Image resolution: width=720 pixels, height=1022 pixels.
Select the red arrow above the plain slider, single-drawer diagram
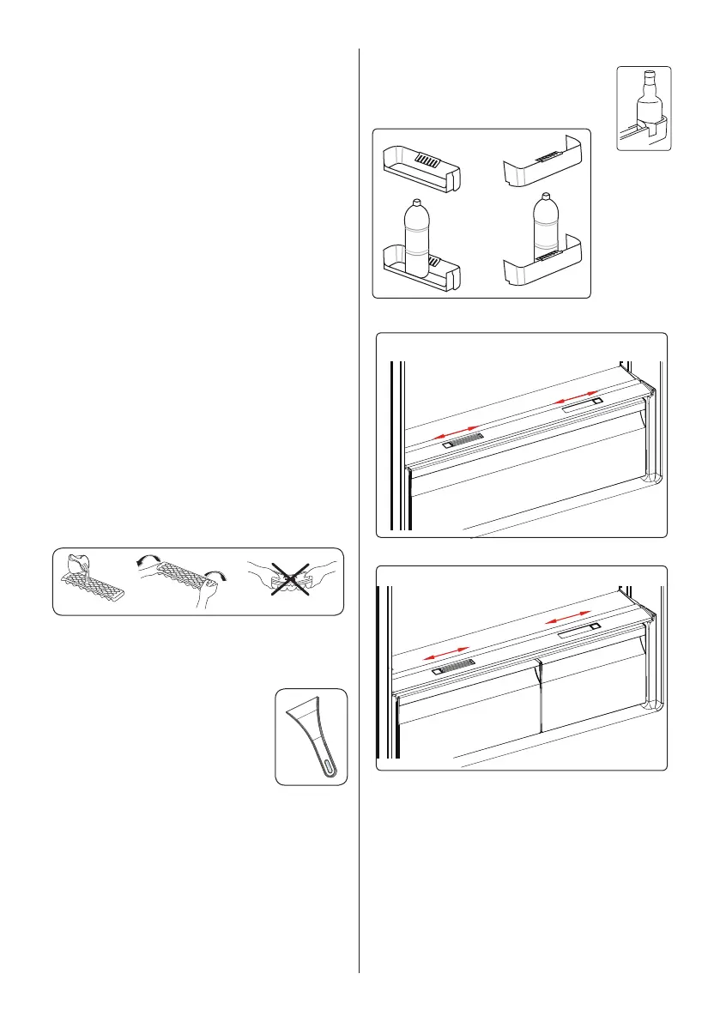(576, 396)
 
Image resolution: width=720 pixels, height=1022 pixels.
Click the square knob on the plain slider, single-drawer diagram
(596, 401)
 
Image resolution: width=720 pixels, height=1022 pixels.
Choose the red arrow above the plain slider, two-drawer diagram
(569, 620)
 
